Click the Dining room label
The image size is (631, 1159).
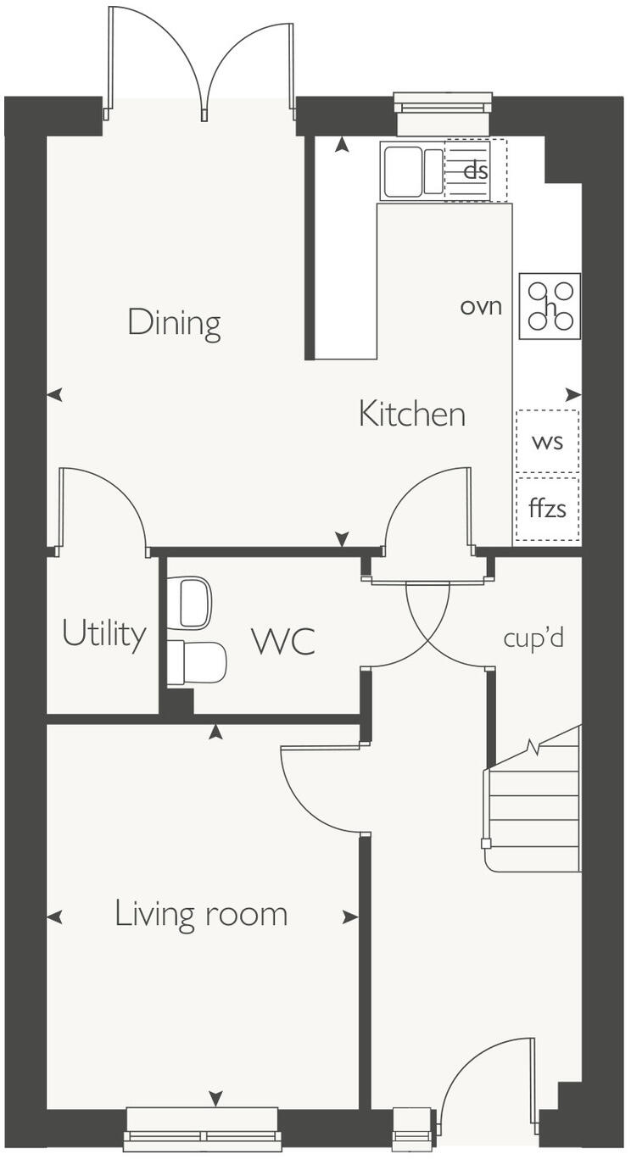[174, 323]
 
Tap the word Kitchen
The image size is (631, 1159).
[412, 415]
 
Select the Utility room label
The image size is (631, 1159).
[103, 634]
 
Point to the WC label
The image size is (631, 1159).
[283, 642]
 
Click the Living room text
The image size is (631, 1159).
[201, 915]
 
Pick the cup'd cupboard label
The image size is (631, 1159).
[533, 638]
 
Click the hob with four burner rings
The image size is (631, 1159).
[550, 305]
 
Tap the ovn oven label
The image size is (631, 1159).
[481, 305]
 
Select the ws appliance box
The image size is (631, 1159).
[547, 441]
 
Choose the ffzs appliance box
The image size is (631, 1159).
[547, 510]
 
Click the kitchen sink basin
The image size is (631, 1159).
[402, 171]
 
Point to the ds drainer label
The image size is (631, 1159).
[476, 170]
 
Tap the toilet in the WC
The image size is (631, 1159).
[197, 662]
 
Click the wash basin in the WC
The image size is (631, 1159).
[189, 603]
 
